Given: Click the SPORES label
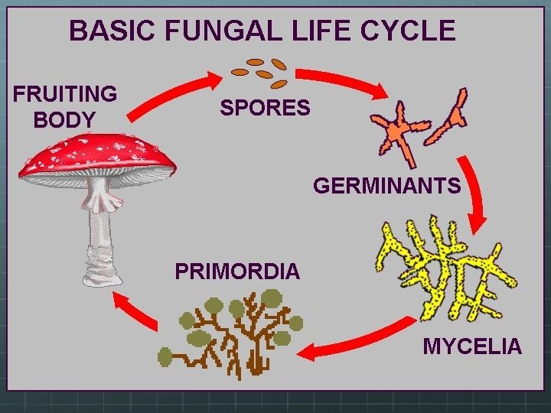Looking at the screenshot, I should point(265,108).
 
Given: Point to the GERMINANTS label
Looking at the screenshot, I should point(387,186).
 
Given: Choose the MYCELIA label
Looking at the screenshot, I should point(472,346).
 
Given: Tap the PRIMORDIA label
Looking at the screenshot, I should point(237,271).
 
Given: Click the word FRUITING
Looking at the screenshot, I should point(65,94).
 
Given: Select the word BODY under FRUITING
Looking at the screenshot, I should point(65,120).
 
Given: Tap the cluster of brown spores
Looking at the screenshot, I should point(260,72).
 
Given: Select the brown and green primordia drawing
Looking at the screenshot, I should point(230,337).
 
